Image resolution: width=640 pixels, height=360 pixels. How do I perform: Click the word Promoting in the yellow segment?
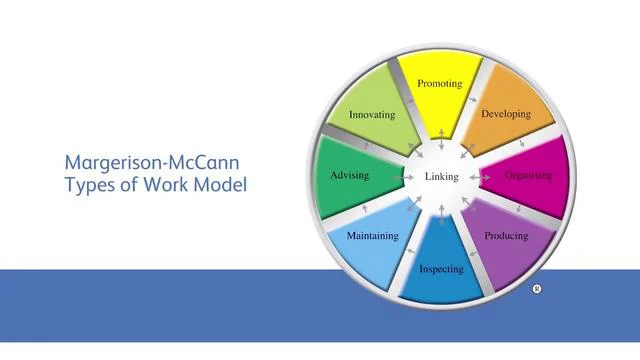point(440,84)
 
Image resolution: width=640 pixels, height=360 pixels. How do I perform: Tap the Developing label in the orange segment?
point(506,114)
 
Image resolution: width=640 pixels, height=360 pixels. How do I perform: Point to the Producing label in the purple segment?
point(506,237)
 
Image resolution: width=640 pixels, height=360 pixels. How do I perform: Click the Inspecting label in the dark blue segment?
point(441,269)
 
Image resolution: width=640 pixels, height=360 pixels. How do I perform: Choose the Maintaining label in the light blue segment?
point(372,237)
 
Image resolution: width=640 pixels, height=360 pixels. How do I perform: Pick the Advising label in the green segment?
point(349,176)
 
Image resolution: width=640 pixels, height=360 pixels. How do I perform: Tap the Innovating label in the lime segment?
point(372,115)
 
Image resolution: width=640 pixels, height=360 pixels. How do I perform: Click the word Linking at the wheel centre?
point(441,177)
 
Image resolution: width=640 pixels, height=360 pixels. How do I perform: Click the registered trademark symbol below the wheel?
point(537,289)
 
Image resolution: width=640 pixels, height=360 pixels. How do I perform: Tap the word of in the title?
point(135,185)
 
